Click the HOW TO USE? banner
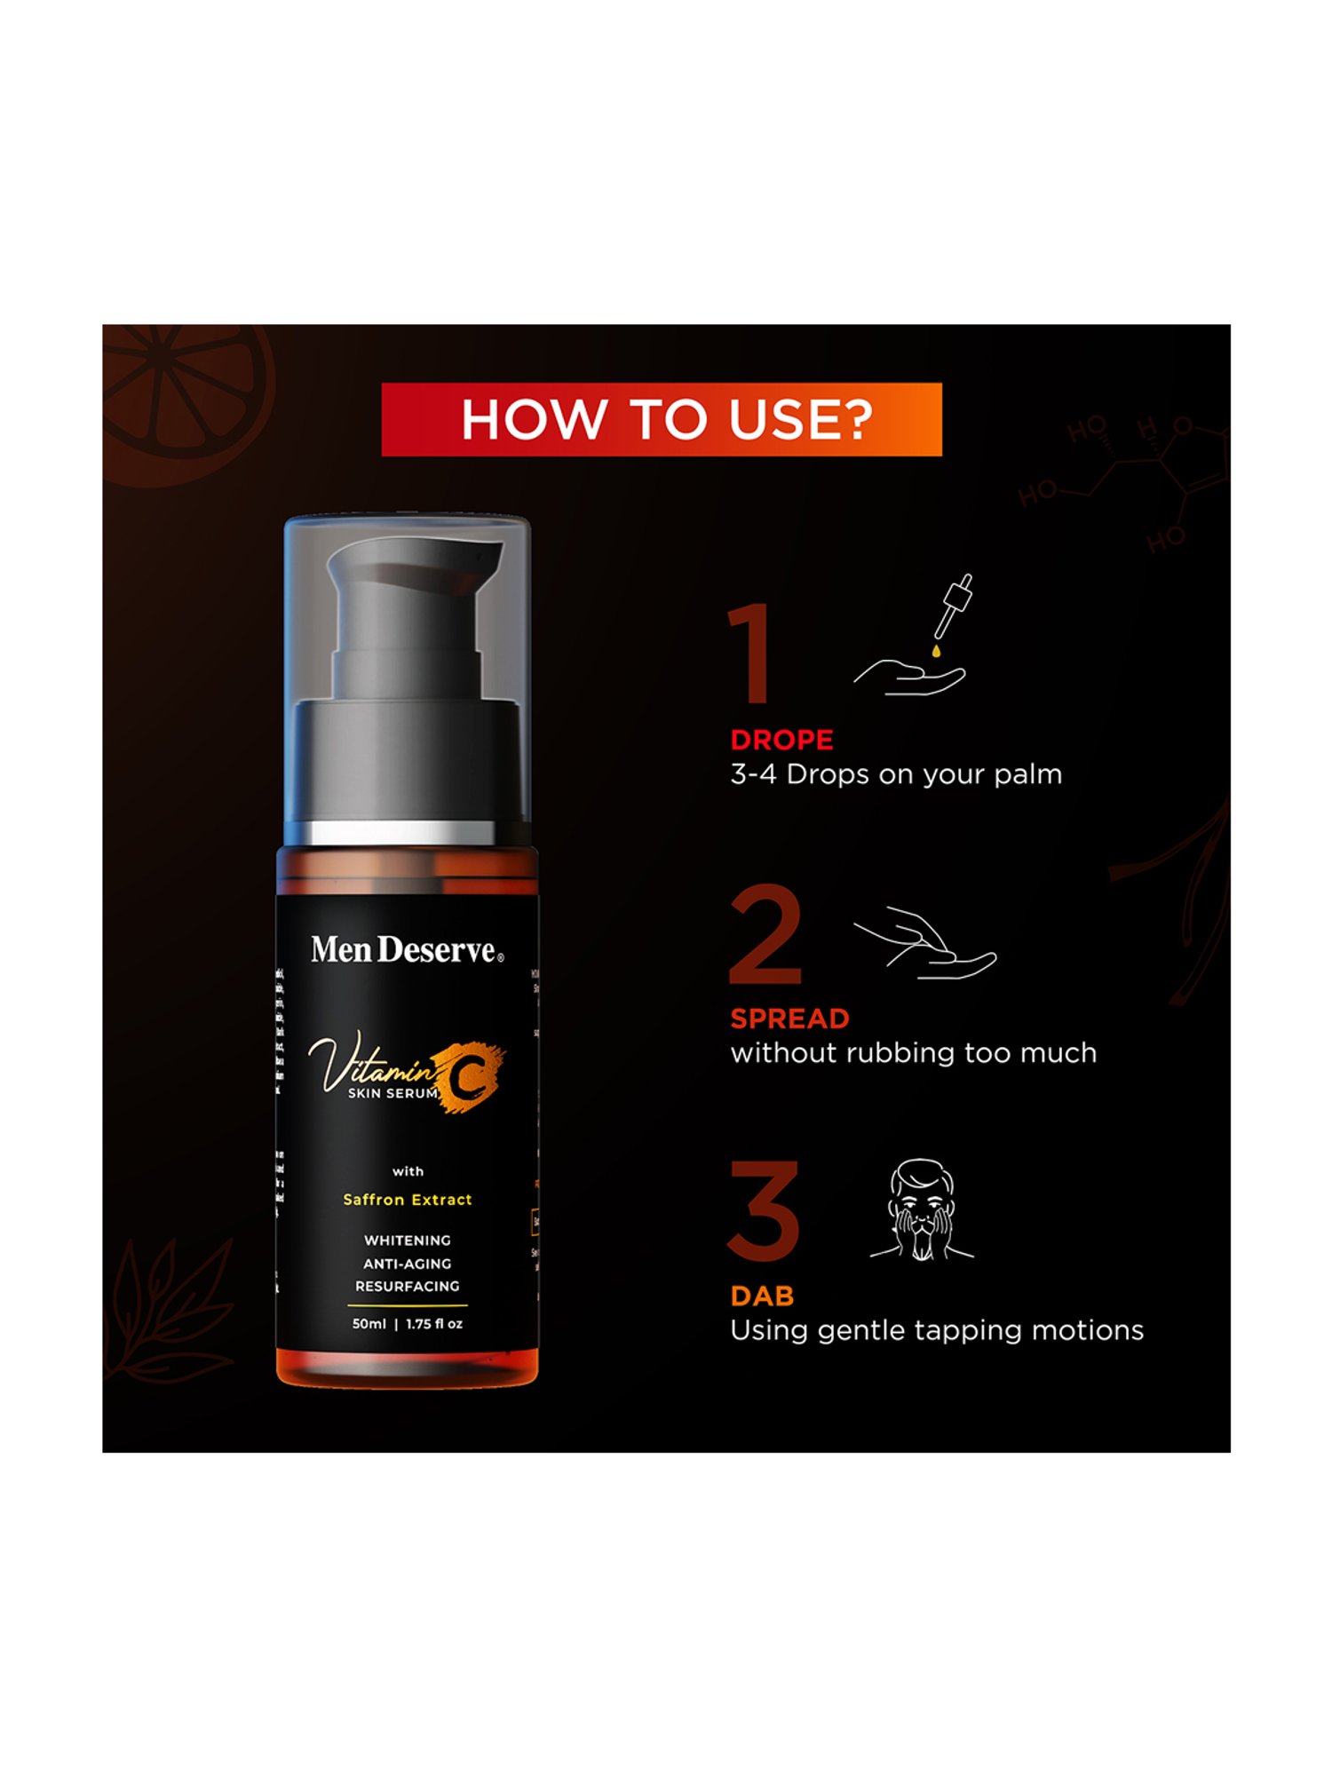661,419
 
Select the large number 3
764,1211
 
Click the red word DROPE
781,740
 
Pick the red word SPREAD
789,1019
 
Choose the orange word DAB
762,1296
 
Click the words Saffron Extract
408,1200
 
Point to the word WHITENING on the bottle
408,1241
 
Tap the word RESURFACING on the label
408,1286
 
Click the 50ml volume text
369,1324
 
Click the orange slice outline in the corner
182,400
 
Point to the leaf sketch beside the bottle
169,1305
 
